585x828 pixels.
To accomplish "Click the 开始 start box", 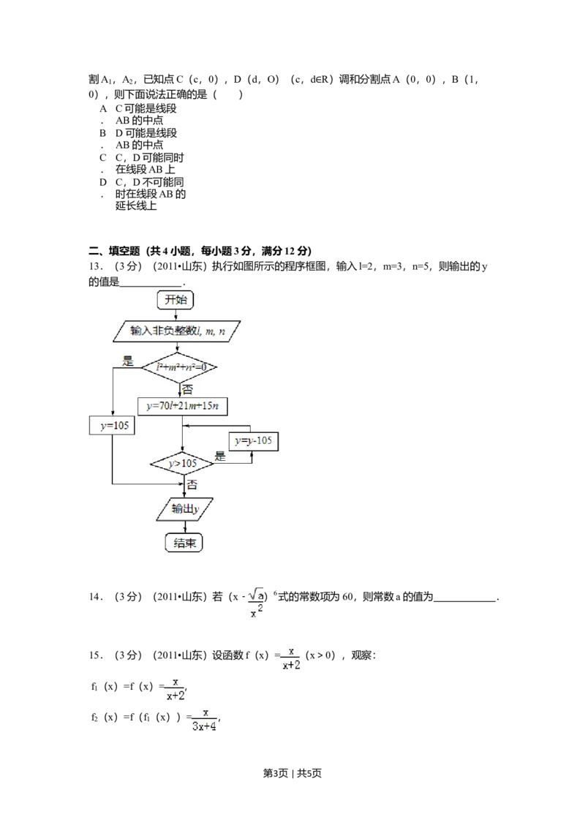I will coord(175,299).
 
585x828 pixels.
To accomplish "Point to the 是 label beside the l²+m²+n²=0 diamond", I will coord(129,360).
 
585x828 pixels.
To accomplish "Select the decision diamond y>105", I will coord(183,464).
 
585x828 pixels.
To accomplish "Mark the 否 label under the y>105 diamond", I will coord(192,484).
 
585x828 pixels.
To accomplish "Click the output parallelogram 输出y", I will coord(186,510).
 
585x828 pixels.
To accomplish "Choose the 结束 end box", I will coord(184,543).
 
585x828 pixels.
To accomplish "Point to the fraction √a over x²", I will coord(257,603).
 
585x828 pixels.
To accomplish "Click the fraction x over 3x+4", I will coord(205,720).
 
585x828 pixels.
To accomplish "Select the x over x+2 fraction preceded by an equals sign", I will coord(290,658).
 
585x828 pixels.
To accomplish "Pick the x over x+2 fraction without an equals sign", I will coord(176,688).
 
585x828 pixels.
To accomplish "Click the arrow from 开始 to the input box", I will coord(175,314).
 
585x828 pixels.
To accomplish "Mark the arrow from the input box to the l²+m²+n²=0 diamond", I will coord(181,347).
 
